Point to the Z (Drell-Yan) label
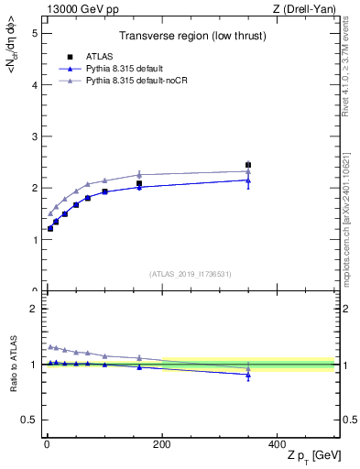(x=303, y=9)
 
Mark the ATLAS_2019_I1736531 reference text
(x=191, y=274)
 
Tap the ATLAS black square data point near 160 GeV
(x=139, y=183)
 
